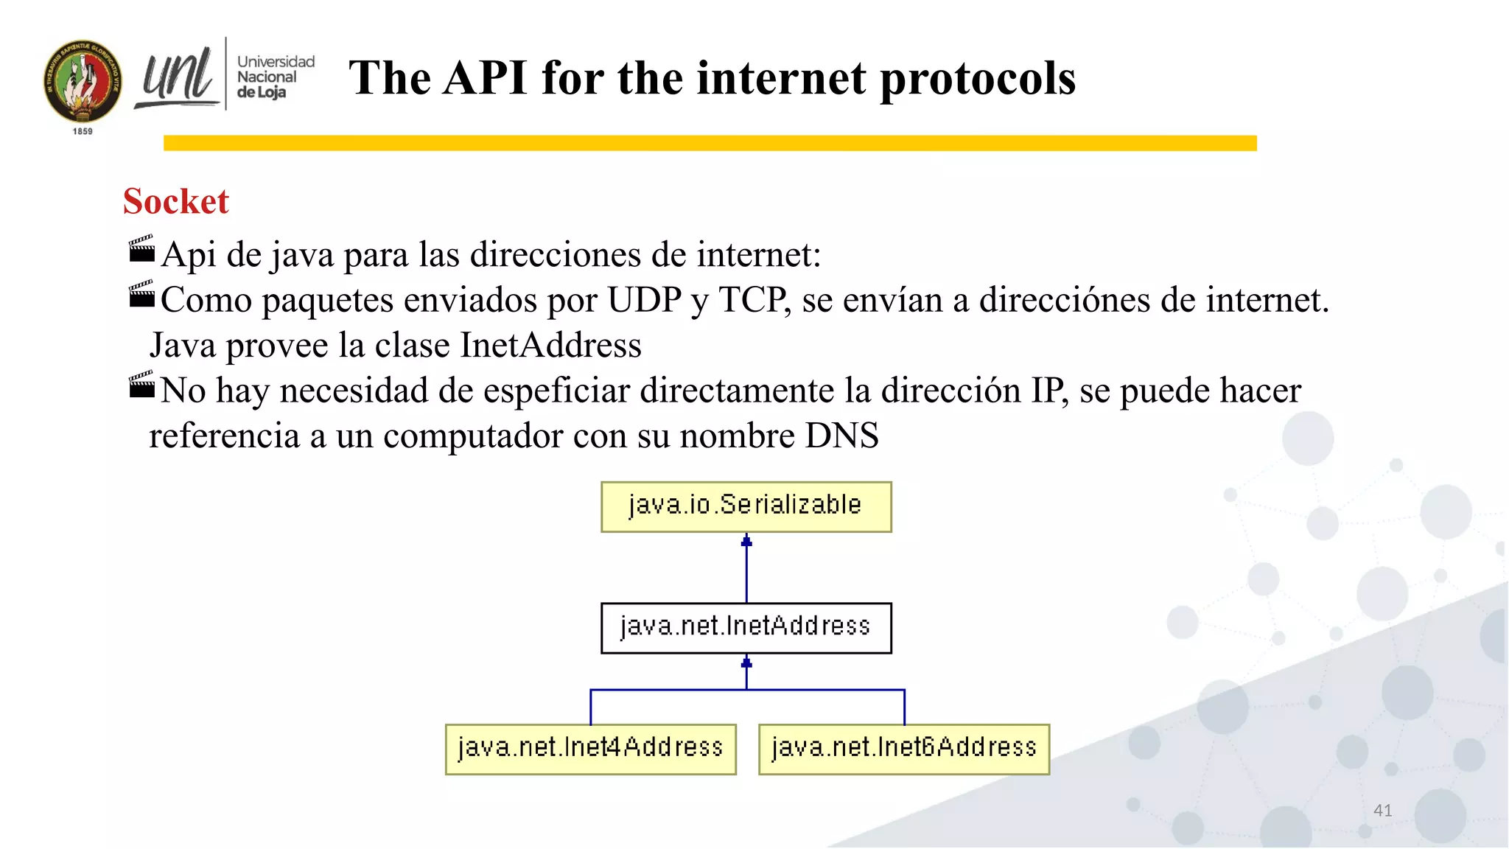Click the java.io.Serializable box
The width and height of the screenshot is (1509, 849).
746,506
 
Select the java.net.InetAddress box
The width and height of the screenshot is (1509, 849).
746,627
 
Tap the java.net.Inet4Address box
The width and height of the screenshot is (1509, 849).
590,749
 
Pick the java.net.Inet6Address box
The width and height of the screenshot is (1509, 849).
903,749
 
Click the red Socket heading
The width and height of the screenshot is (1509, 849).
176,201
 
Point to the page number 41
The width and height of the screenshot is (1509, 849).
1382,810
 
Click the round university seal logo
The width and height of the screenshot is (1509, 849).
83,81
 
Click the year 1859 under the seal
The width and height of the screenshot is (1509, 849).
83,131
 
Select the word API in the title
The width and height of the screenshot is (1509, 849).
485,78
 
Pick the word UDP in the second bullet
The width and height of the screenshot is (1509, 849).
644,300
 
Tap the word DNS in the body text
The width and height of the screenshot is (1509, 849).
841,436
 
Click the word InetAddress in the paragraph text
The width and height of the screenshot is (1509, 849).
550,345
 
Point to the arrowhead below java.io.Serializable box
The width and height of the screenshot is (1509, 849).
746,542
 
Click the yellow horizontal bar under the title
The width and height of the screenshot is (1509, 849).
710,143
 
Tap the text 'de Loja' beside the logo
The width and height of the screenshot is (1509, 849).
262,93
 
